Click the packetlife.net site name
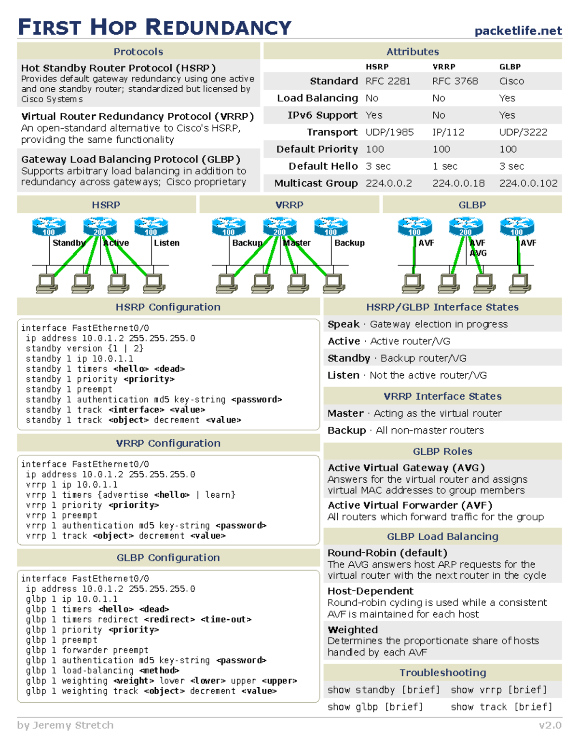[x=518, y=31]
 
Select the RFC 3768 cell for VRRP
[x=455, y=81]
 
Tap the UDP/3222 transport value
[x=523, y=132]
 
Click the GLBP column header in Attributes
[x=510, y=67]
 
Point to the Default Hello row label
[x=323, y=166]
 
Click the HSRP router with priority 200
[x=100, y=226]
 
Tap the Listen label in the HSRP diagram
[x=166, y=243]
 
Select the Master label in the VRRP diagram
[x=297, y=243]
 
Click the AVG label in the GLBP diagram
[x=478, y=253]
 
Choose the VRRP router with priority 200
[x=280, y=226]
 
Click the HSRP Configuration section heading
[x=168, y=307]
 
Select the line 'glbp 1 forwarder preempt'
[x=87, y=650]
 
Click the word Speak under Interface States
[x=344, y=325]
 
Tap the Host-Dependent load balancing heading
[x=370, y=591]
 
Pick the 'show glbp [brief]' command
[x=375, y=707]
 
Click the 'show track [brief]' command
[x=501, y=707]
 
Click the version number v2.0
[x=550, y=725]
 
